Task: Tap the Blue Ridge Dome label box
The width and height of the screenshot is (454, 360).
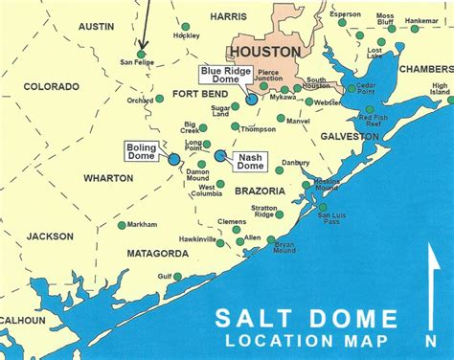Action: coord(220,77)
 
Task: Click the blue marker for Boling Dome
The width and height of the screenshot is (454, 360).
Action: coord(174,161)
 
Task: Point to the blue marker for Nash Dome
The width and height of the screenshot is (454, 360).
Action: coord(219,155)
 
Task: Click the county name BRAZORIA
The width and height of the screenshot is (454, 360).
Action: coord(260,191)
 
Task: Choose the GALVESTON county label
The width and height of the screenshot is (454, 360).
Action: coord(351,137)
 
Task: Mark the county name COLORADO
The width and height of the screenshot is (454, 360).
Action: coord(51,85)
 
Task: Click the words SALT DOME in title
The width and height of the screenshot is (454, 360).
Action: coord(306,319)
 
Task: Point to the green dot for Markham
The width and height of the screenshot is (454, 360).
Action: coord(121,226)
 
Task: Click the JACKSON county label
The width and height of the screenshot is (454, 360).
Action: coord(50,236)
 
